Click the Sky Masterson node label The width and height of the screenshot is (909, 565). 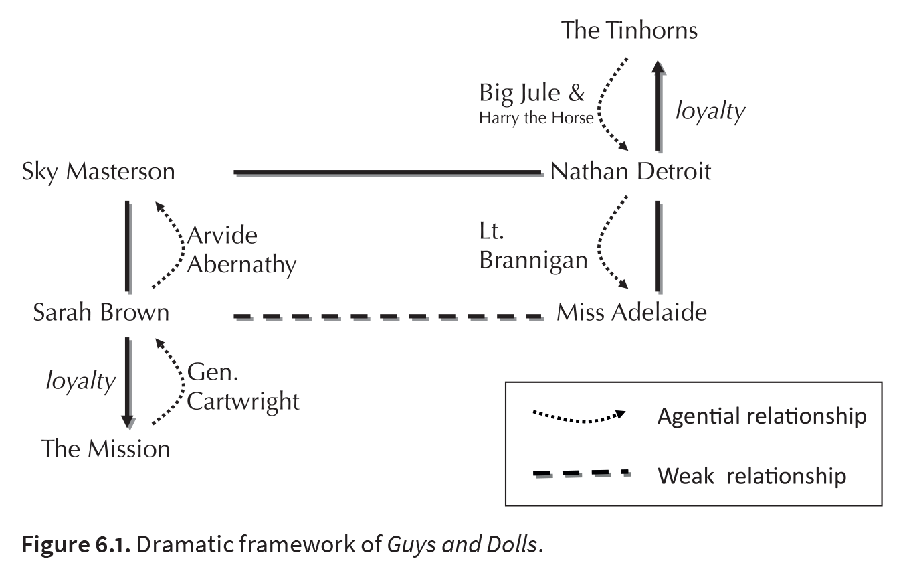point(98,172)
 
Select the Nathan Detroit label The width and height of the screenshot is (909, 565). point(631,171)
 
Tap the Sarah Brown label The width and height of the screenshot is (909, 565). point(101,313)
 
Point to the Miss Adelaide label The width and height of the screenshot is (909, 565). point(631,313)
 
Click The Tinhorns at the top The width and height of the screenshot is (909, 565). point(629,31)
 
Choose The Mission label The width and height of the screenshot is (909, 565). point(106,449)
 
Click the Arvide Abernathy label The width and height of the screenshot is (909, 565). point(242,250)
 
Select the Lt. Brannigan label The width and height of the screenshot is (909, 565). point(533,246)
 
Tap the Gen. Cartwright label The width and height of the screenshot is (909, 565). point(243,387)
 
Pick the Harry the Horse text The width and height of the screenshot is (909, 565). point(536,118)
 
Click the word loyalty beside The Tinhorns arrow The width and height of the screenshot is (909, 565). point(710,111)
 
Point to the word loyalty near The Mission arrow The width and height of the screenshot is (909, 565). point(80,382)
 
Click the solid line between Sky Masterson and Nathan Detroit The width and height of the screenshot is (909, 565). point(389,173)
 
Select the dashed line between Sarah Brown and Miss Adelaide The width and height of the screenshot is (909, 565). point(389,317)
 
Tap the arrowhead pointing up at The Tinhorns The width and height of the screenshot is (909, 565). point(658,68)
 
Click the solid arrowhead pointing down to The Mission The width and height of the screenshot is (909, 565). point(128,422)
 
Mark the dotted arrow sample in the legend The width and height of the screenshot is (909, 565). point(579,417)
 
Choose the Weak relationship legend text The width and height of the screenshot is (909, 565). point(752,476)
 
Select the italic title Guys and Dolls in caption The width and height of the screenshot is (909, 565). point(462,545)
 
